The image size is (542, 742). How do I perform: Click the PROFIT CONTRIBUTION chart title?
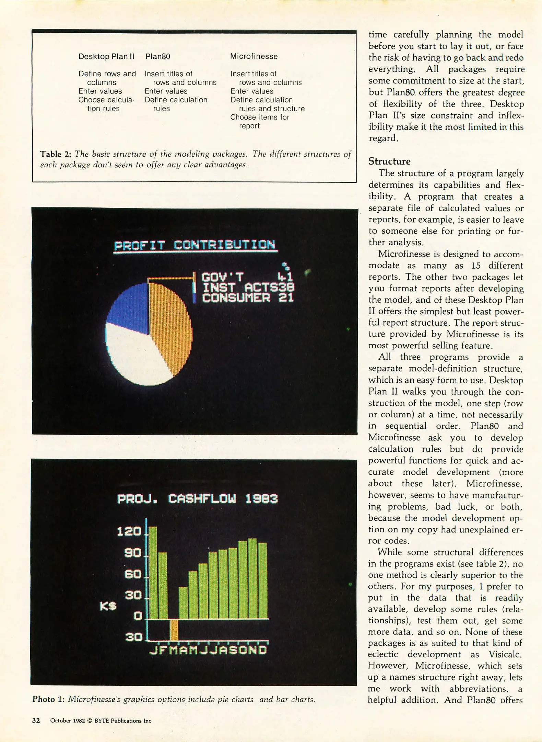tap(195, 245)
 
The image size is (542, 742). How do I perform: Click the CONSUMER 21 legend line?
tap(248, 297)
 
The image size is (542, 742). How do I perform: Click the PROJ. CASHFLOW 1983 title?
tap(197, 499)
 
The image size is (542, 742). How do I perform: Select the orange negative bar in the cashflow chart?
tap(174, 630)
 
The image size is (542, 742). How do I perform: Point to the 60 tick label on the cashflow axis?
tap(132, 574)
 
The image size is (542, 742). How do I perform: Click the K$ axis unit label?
tap(108, 607)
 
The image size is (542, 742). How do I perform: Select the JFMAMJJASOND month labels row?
tap(208, 650)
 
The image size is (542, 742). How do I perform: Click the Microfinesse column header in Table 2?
tap(254, 56)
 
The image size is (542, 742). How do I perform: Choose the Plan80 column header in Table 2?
tap(158, 56)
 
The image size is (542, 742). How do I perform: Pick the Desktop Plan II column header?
tap(106, 56)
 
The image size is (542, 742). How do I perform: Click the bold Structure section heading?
tap(389, 161)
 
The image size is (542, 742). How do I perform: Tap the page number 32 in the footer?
tap(36, 721)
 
